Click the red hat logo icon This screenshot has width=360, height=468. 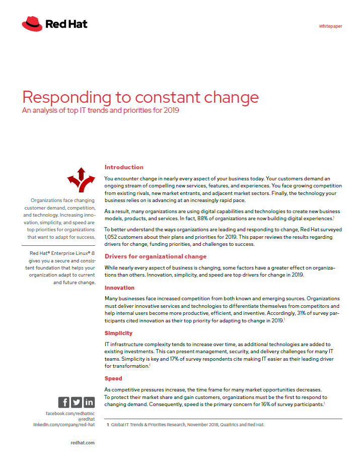click(x=32, y=24)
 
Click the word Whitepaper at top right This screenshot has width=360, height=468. click(x=330, y=26)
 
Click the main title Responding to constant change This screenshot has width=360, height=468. click(x=140, y=97)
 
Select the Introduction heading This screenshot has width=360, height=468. click(x=124, y=167)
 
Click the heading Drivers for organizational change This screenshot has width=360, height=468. click(x=155, y=256)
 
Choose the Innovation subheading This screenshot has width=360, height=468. click(x=119, y=288)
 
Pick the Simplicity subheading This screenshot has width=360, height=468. click(x=118, y=333)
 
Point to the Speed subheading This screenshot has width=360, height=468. click(x=113, y=378)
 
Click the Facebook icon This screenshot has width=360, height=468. click(x=64, y=402)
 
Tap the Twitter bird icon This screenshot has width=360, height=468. click(x=77, y=402)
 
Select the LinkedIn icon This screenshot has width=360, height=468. click(x=89, y=402)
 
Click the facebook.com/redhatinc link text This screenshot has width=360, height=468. click(x=70, y=413)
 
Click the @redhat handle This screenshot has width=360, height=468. click(x=85, y=419)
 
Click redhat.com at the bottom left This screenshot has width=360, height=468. click(x=83, y=443)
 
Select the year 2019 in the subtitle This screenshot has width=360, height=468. click(x=170, y=110)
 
